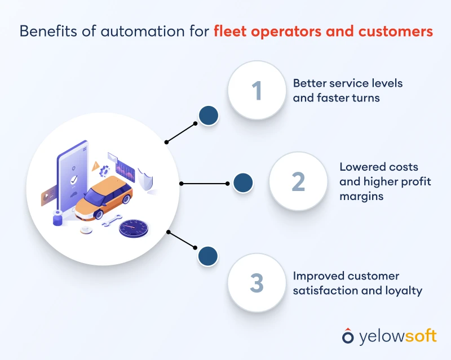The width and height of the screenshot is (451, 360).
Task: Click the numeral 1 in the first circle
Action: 257,90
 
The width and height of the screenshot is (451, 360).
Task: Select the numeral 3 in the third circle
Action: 257,282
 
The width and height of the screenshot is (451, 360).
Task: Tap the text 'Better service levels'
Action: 348,83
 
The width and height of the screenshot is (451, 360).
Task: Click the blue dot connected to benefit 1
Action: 209,115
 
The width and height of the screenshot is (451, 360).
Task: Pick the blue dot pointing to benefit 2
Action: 242,183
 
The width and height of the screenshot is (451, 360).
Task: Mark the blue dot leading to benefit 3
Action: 207,256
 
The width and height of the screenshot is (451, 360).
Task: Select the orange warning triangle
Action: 96,166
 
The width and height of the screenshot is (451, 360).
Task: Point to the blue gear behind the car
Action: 104,171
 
